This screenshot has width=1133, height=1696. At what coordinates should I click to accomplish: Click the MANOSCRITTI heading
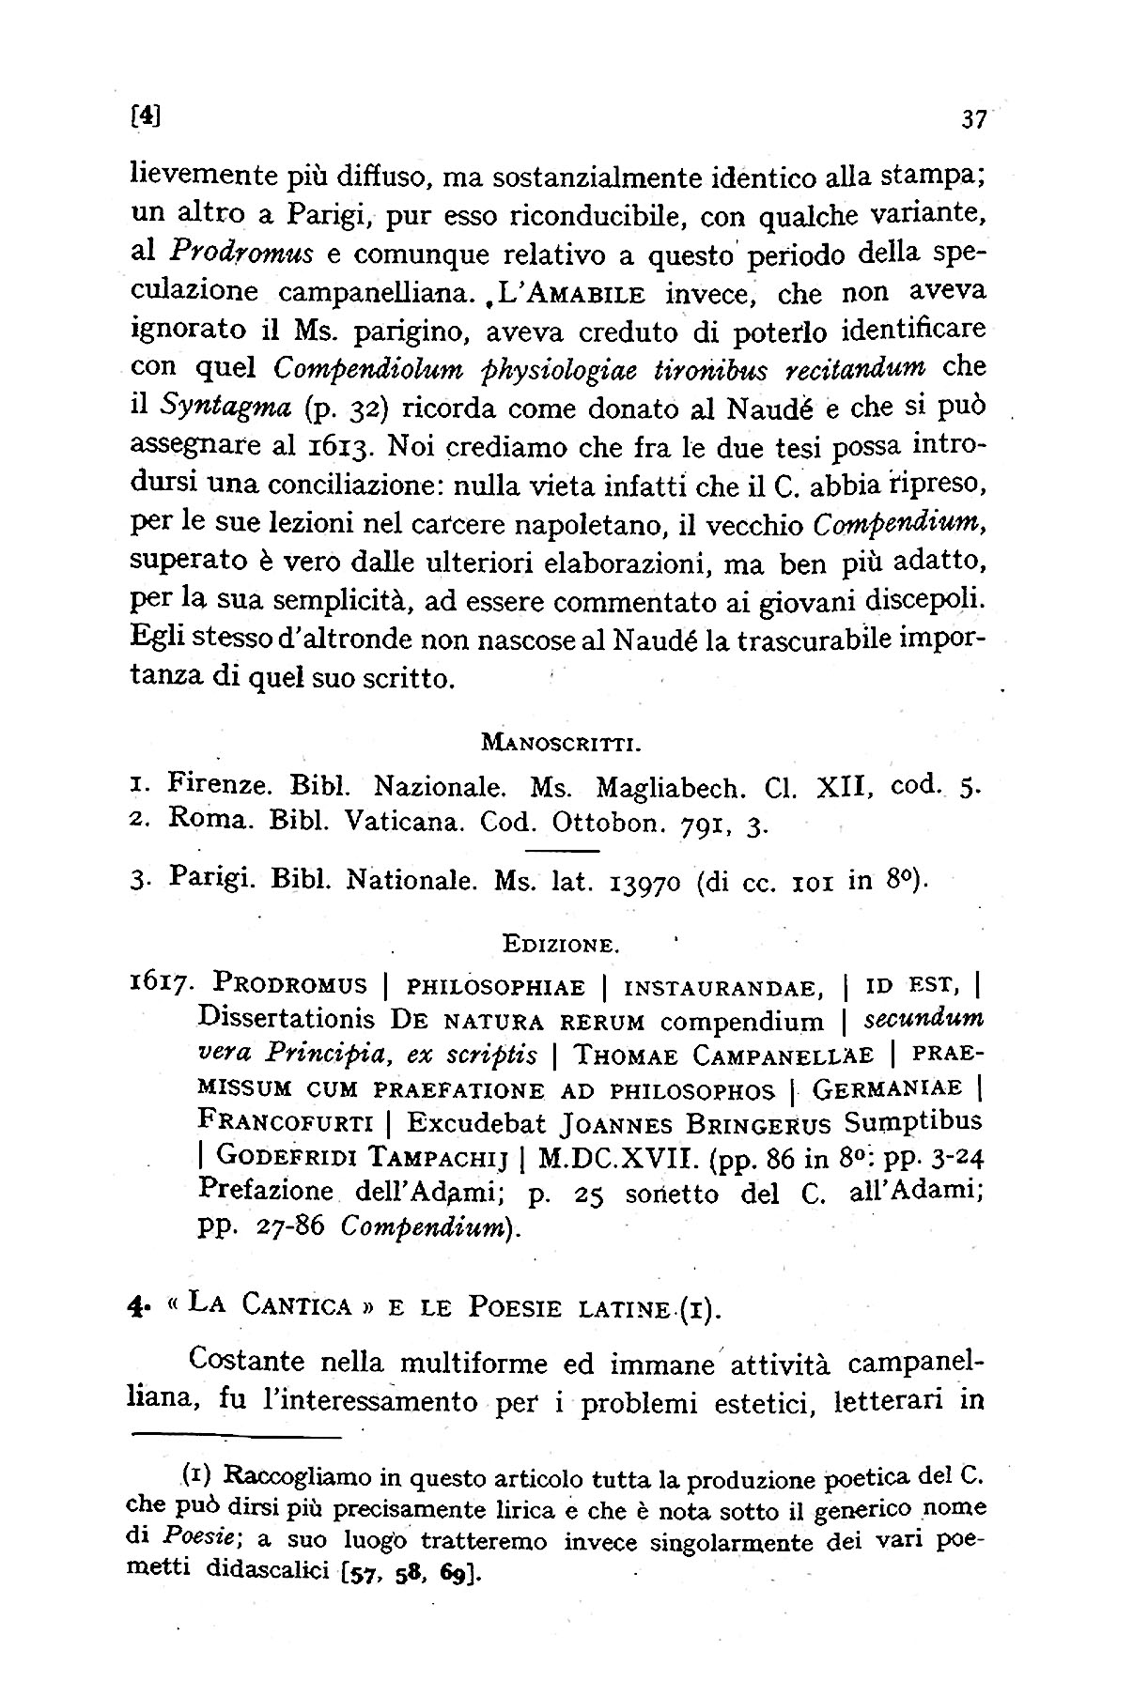(561, 745)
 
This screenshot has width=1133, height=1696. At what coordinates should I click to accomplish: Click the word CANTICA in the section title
(296, 1304)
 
